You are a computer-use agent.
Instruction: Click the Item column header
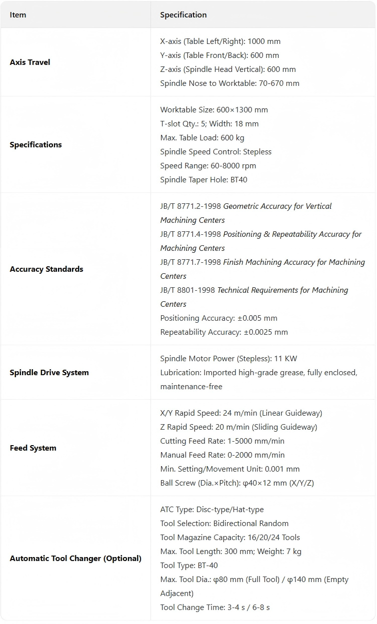18,15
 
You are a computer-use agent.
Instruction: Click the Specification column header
183,15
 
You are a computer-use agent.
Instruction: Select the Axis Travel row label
30,62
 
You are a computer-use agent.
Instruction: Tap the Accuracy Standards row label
46,269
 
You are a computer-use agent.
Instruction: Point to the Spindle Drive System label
49,373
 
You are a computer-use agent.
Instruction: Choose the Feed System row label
33,448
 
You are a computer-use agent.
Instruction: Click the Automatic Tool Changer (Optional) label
75,559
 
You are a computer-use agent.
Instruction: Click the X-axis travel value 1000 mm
267,41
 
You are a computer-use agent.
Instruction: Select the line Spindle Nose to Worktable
229,83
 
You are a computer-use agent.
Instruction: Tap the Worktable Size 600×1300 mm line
214,110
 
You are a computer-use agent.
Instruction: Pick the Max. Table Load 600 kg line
202,138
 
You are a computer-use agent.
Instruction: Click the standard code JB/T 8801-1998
187,290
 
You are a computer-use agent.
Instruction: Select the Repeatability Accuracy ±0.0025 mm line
224,332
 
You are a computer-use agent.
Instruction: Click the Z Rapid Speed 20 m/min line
238,427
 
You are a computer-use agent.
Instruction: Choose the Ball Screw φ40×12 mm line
237,483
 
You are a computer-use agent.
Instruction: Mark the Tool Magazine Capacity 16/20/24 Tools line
230,538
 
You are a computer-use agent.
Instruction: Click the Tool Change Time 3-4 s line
215,608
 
